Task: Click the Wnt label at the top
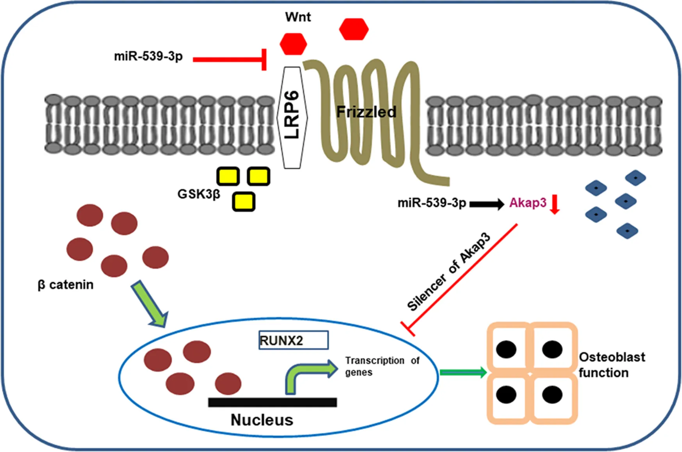click(x=298, y=17)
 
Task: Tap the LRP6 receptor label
click(x=292, y=115)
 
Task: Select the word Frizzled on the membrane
click(x=366, y=112)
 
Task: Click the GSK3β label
click(x=198, y=194)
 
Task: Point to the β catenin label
click(x=66, y=285)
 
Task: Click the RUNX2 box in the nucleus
click(x=293, y=340)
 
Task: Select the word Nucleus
click(x=262, y=420)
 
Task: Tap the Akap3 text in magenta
click(x=528, y=203)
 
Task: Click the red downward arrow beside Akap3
click(x=554, y=205)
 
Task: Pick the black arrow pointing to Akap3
click(x=487, y=204)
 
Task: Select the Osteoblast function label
click(x=611, y=365)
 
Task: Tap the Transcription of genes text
click(x=382, y=366)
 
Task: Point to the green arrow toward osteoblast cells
click(x=463, y=372)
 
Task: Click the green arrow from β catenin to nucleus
click(x=150, y=303)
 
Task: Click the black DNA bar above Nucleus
click(x=272, y=402)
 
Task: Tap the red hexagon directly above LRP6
click(x=293, y=44)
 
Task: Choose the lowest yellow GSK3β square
click(x=244, y=202)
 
